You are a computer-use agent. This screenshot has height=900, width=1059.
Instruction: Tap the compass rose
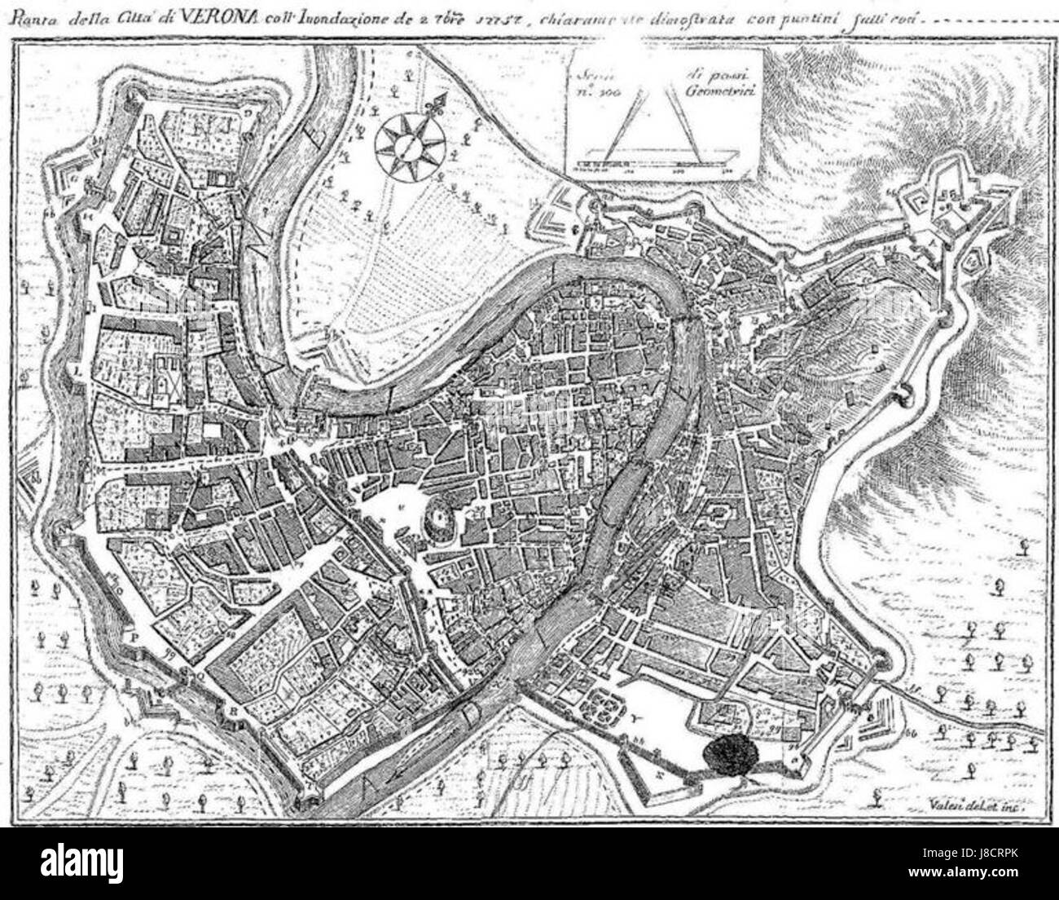pyautogui.click(x=405, y=145)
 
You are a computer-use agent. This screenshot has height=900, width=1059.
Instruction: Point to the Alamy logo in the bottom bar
pyautogui.click(x=88, y=864)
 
